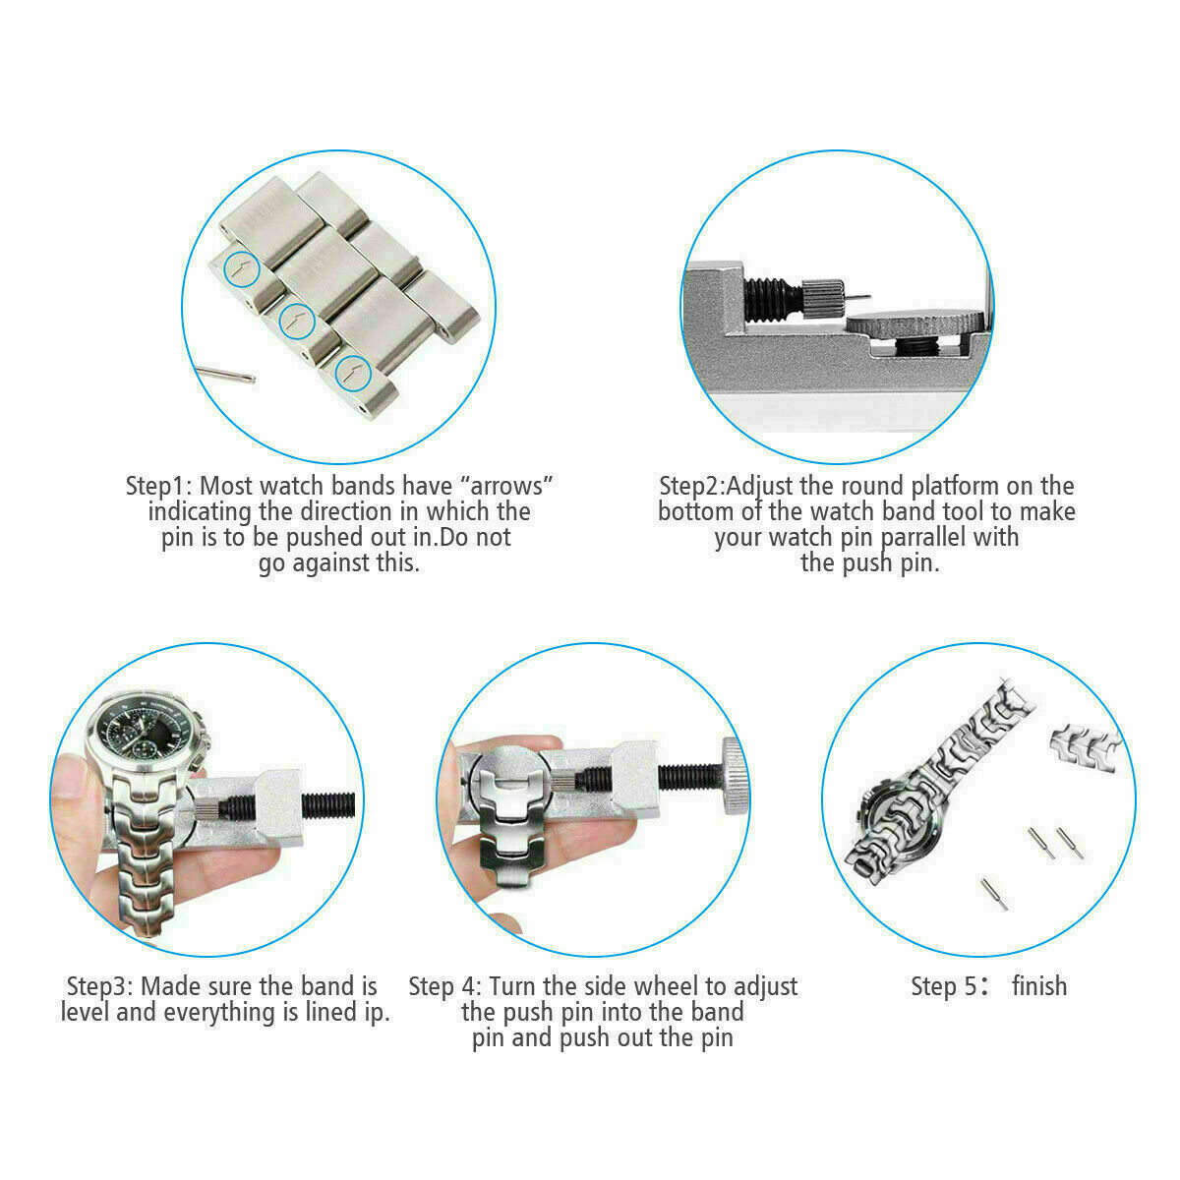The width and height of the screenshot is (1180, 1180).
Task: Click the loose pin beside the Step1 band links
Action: (x=225, y=372)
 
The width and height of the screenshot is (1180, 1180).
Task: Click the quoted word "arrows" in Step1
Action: (x=507, y=486)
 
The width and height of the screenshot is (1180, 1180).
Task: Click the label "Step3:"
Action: (x=101, y=986)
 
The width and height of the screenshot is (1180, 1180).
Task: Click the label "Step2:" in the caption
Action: (x=693, y=486)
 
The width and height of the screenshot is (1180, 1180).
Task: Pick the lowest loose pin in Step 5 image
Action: (x=994, y=892)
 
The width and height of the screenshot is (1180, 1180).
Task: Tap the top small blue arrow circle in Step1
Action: (x=241, y=267)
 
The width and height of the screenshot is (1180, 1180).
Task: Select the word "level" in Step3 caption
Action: (x=85, y=1012)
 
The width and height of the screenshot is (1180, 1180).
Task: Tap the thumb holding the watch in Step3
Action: (x=74, y=782)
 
